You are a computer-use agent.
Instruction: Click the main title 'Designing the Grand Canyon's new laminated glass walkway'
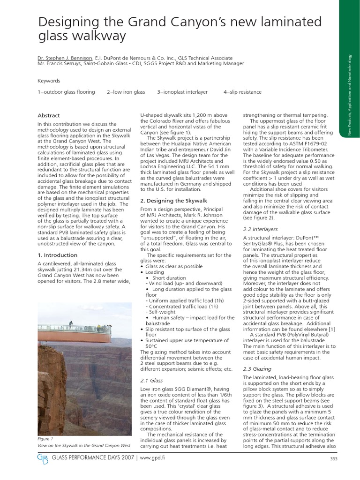pos(180,29)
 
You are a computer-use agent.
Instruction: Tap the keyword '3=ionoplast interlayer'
pos(182,92)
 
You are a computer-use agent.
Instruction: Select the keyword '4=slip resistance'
pos(242,92)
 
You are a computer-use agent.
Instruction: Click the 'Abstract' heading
pos(49,115)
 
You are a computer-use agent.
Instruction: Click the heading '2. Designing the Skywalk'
pos(173,200)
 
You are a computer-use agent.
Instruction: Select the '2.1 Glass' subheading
pos(151,380)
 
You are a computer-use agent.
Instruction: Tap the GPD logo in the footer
pos(42,457)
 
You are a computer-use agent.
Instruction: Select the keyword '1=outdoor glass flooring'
pos(66,92)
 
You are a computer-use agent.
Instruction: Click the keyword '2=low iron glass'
pos(126,92)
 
